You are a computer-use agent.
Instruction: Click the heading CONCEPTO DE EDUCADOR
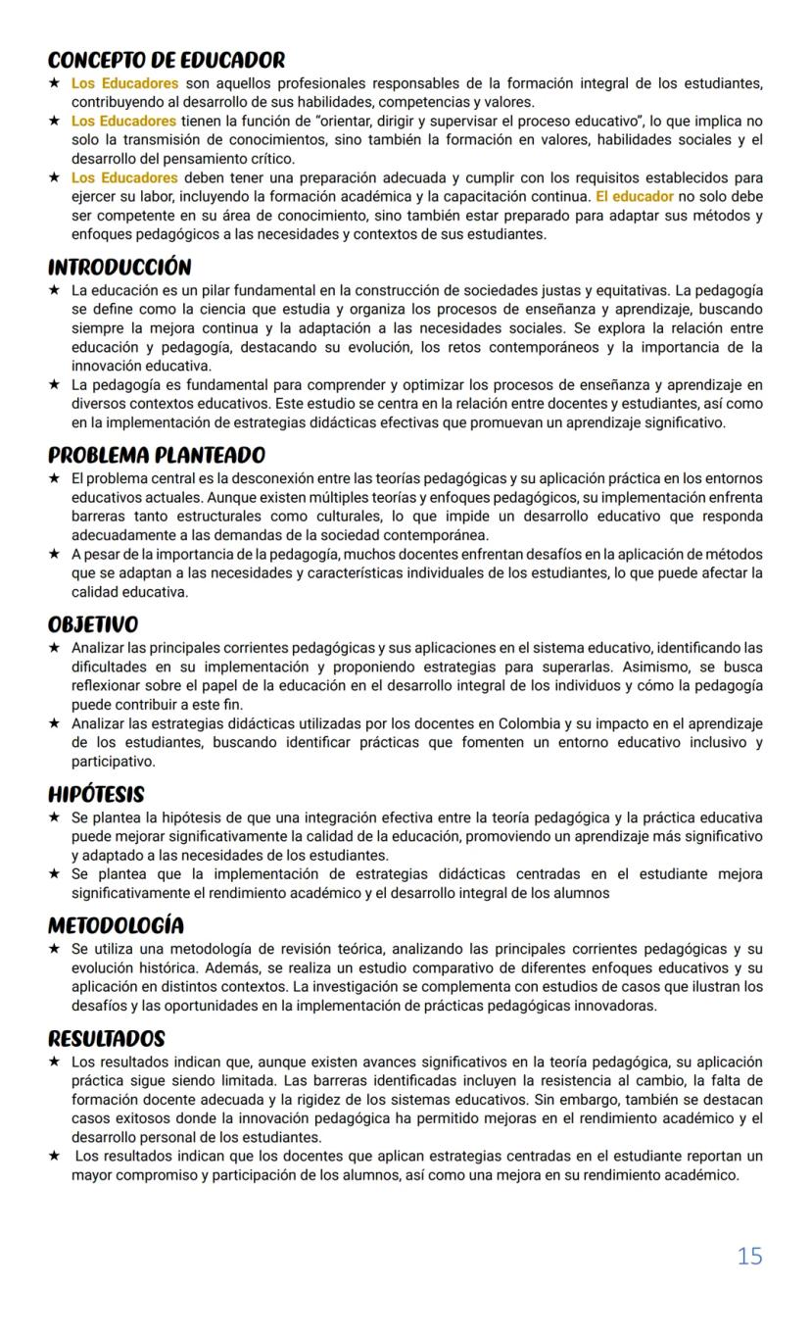[167, 61]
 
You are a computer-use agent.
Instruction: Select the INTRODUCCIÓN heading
[119, 268]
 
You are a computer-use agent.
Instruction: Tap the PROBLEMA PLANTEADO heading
[157, 456]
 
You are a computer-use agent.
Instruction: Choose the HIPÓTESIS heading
[96, 795]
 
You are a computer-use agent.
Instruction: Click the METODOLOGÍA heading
[116, 926]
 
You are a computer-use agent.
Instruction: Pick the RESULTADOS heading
[106, 1039]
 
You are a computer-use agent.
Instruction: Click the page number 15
[749, 1257]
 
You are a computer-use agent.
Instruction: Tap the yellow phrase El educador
[634, 197]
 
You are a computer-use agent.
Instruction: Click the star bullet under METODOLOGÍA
[55, 950]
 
